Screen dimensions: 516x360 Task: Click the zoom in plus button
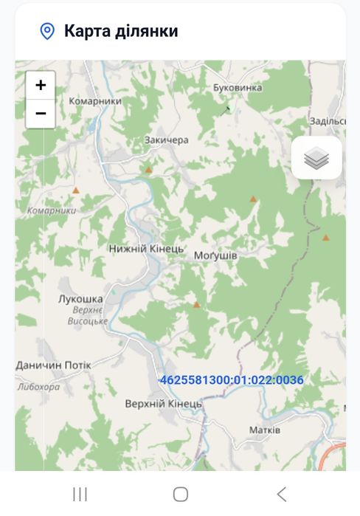pos(41,85)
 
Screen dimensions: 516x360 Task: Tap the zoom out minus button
pos(41,114)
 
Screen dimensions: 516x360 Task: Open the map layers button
pos(316,157)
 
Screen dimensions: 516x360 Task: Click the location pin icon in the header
pos(47,31)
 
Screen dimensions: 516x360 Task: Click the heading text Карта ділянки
pos(121,31)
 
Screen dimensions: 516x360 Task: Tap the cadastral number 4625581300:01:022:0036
pos(232,380)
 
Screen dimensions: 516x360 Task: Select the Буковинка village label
pos(238,88)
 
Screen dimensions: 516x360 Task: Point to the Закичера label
pos(167,140)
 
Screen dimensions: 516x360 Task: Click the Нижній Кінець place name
pos(146,249)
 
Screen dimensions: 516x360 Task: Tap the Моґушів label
pos(215,255)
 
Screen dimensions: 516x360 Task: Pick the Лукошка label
pos(80,298)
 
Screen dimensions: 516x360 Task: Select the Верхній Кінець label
pos(163,404)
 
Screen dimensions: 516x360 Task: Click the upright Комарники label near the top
pos(94,101)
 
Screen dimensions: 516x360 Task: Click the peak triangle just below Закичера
pos(148,170)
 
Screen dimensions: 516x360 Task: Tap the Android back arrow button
pos(281,494)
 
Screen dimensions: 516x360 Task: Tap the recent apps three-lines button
pos(80,494)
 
